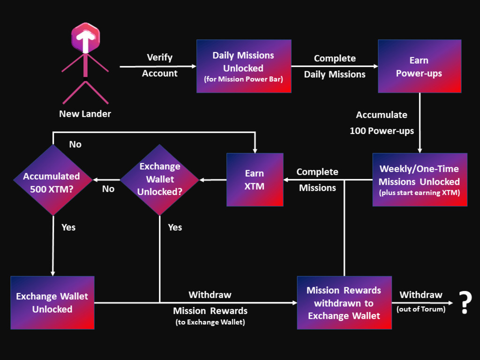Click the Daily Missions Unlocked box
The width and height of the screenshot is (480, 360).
coord(244,66)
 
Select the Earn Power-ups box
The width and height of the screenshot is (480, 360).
coord(419,66)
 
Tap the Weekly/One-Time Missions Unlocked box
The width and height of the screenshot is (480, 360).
coord(420,180)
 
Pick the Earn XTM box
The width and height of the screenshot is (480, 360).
coord(255,180)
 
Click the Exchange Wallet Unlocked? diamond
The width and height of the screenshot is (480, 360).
coord(160,180)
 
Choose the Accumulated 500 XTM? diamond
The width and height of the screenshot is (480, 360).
coord(52,180)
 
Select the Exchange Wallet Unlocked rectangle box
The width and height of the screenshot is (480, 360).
coord(52,302)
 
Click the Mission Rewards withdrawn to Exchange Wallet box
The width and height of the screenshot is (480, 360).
coord(344,303)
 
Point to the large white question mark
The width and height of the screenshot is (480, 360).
coord(465,302)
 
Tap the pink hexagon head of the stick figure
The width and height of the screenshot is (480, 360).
coord(85,37)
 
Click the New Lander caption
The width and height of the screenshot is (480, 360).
coord(85,114)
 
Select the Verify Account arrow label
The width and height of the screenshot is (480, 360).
coord(160,65)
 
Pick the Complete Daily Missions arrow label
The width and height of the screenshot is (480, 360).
coord(335,66)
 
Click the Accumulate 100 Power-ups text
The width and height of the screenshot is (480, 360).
coord(382,123)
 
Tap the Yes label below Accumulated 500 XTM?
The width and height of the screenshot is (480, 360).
coord(68,227)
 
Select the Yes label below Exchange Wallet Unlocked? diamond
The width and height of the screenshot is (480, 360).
coord(175,227)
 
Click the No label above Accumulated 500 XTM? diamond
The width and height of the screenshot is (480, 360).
coord(75,144)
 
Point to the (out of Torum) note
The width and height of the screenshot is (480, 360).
coord(421,309)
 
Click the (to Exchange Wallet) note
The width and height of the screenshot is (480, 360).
coord(210,322)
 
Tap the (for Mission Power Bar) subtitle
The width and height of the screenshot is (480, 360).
coord(244,79)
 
